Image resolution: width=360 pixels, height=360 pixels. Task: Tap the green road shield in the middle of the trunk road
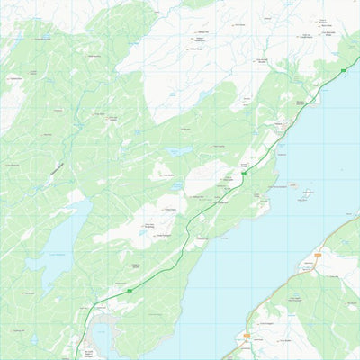click(242, 176)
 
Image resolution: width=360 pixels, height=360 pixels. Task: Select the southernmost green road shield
click(130, 291)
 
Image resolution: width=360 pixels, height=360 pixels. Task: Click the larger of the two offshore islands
click(307, 193)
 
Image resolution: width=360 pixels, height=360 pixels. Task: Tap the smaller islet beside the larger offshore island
click(293, 185)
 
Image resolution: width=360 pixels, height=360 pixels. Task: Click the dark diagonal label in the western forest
click(57, 167)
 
